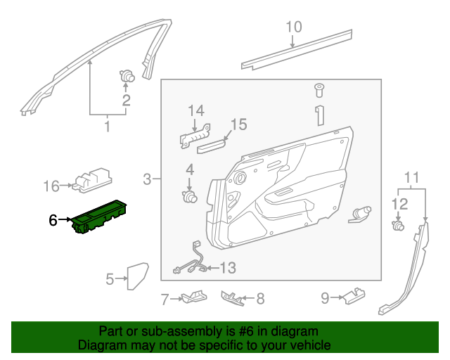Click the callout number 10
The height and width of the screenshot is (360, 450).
coord(293,27)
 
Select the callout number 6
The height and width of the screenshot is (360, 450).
coord(53,220)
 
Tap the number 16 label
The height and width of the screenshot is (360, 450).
coord(51,186)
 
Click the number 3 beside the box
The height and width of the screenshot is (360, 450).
coord(147,179)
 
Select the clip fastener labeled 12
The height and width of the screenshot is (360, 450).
coord(399,226)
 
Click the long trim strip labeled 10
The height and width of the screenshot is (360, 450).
coord(297,49)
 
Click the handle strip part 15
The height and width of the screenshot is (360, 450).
coord(212,146)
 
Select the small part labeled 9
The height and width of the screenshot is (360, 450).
coord(354,295)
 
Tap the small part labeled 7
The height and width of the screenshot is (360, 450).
coord(192,297)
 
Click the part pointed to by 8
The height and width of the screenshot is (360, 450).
coord(233,298)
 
